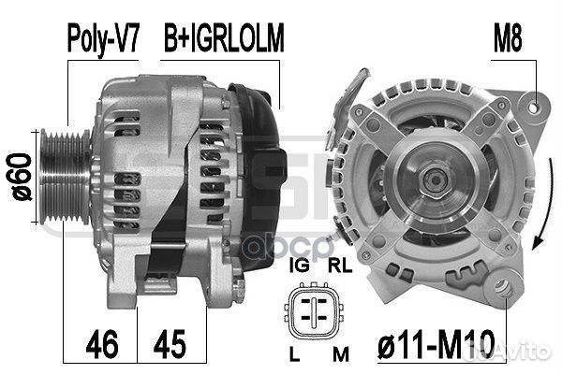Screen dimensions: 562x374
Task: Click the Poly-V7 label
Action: point(103,38)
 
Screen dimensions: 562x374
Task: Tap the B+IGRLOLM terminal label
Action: point(224,37)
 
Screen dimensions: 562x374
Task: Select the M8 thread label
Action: point(508,37)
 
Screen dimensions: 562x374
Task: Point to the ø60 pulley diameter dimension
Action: point(20,177)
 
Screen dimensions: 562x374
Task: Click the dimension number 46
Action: point(102,344)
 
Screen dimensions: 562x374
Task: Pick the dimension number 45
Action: point(170,344)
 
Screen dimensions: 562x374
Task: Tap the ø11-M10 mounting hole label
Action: point(436,344)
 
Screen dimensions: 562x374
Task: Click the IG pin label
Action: point(300,266)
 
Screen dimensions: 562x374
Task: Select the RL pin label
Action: point(340,266)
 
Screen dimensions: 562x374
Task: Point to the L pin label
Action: point(294,354)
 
